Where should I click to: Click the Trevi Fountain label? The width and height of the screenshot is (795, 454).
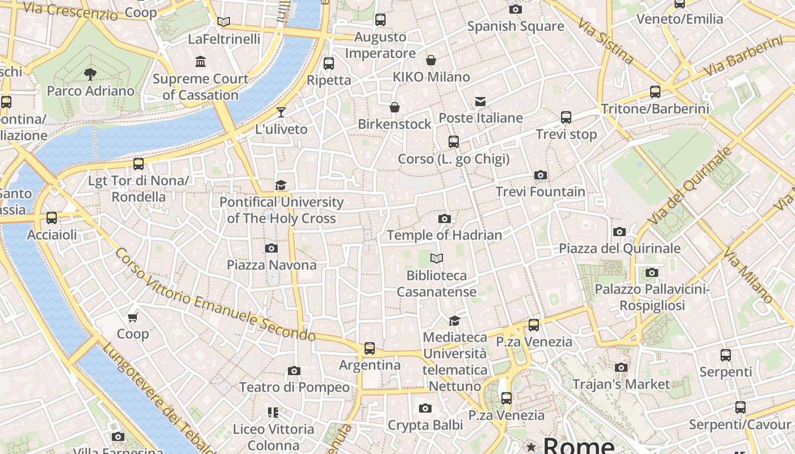click(x=540, y=192)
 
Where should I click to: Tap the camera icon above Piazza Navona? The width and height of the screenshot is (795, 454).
click(x=271, y=248)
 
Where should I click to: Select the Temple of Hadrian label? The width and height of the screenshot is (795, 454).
click(x=444, y=235)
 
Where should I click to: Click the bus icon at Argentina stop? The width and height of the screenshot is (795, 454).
click(x=370, y=348)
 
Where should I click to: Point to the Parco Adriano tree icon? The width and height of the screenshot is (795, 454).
click(x=90, y=73)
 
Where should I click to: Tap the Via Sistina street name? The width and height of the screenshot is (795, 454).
click(x=606, y=41)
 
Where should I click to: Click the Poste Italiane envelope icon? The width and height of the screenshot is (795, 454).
click(x=480, y=102)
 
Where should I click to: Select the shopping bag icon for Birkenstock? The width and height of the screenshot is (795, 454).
click(x=394, y=107)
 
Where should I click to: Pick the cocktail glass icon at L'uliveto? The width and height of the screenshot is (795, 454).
click(x=281, y=112)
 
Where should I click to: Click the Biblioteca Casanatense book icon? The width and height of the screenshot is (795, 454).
click(x=436, y=259)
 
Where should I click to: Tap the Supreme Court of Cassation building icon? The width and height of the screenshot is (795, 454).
click(x=200, y=61)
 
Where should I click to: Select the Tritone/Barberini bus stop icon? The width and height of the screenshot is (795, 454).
click(x=655, y=92)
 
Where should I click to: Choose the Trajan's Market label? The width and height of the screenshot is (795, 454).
click(x=621, y=384)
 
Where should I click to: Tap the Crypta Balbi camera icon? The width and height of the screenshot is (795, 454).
click(x=425, y=408)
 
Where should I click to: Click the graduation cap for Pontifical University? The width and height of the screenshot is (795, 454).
click(x=281, y=185)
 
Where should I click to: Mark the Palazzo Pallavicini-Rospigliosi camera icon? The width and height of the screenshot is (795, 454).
click(x=651, y=273)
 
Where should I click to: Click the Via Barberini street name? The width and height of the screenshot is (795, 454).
click(x=743, y=57)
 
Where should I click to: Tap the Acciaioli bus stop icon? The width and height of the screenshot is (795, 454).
click(x=52, y=218)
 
